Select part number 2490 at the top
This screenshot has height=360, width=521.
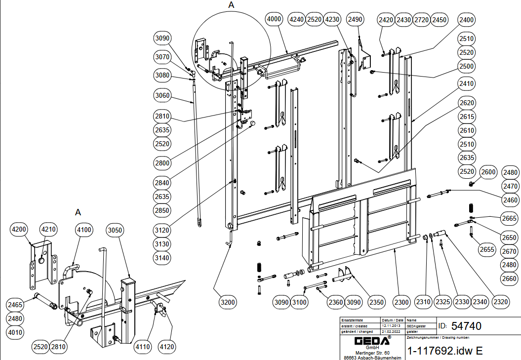click(x=355, y=19)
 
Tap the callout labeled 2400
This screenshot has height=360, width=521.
click(x=466, y=20)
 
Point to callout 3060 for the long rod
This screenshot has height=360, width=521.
click(x=162, y=95)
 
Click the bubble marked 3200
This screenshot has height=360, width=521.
click(x=229, y=301)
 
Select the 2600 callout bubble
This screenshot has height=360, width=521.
click(x=488, y=172)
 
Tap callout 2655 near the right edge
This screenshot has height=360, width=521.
click(x=487, y=249)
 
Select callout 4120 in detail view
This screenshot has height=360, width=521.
click(x=167, y=347)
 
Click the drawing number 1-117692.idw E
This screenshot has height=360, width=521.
click(x=444, y=351)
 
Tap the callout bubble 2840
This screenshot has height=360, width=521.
click(x=162, y=183)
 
